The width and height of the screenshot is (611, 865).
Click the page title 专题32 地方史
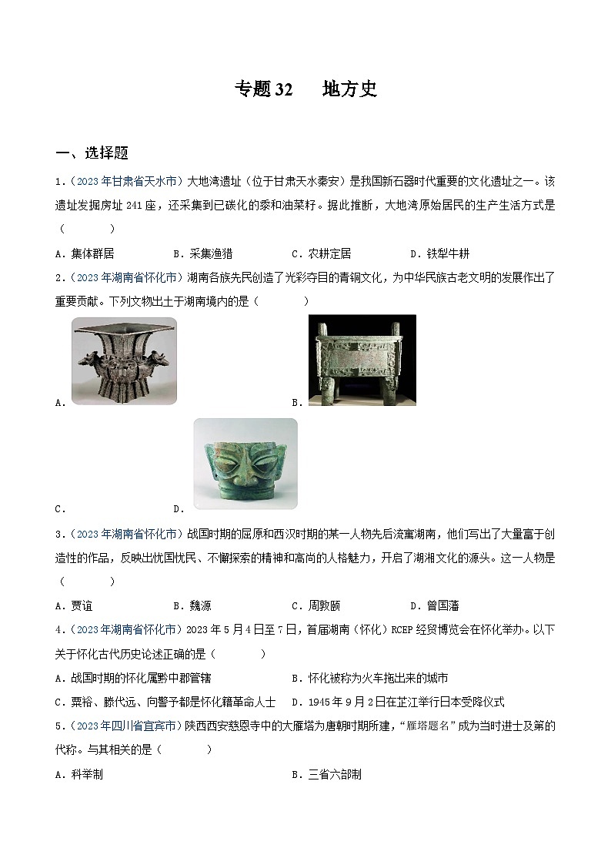(x=305, y=89)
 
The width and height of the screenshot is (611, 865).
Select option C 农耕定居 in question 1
(x=321, y=253)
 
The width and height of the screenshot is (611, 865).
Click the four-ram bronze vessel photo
(x=124, y=360)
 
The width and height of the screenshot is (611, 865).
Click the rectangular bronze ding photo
(x=362, y=359)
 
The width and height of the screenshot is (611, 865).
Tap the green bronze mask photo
(x=245, y=463)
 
